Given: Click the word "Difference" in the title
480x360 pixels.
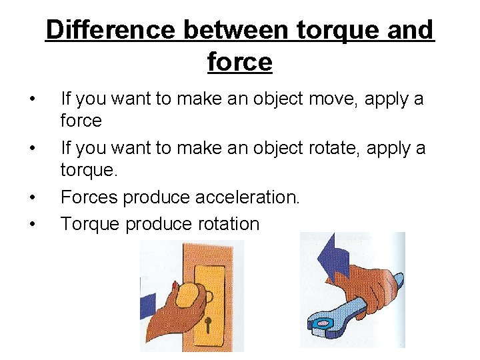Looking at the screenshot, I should click(111, 30).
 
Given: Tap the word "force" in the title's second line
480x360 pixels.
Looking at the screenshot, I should click(240, 62).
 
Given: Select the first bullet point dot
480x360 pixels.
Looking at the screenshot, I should click(32, 100).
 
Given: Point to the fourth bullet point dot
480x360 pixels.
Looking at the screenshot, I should click(32, 224).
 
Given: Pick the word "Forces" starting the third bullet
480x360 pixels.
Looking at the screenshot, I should click(90, 198).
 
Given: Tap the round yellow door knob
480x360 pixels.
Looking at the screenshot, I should click(191, 293).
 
